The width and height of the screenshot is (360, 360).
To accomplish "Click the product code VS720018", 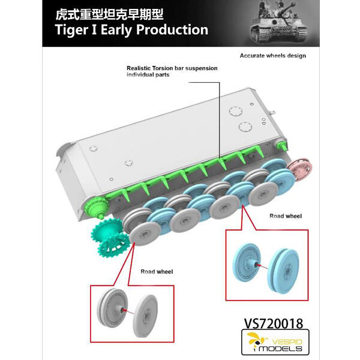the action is point(274,323).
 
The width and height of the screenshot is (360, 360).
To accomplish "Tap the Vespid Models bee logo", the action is point(256,340).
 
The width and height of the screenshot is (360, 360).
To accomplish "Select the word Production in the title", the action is point(172,29).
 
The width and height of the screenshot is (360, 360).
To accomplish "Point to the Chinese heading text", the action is point(109,14).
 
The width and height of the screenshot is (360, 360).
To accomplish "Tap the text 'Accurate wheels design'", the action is point(273,56).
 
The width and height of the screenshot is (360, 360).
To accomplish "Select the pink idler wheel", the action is point(299,169).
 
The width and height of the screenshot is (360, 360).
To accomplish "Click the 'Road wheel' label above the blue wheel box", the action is point(286,216).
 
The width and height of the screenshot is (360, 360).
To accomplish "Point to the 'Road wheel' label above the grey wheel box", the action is point(157,272).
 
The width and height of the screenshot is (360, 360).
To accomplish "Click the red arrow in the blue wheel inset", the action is point(262,266).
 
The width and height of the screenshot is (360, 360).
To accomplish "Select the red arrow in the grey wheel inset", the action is point(128,312).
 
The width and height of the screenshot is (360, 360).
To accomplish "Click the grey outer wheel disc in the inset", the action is point(145,316).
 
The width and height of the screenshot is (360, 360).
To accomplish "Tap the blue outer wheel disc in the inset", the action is point(284,269).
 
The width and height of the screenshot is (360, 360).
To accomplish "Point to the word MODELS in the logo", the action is point(280,348).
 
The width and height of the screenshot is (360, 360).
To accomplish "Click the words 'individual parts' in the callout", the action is point(148,74).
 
